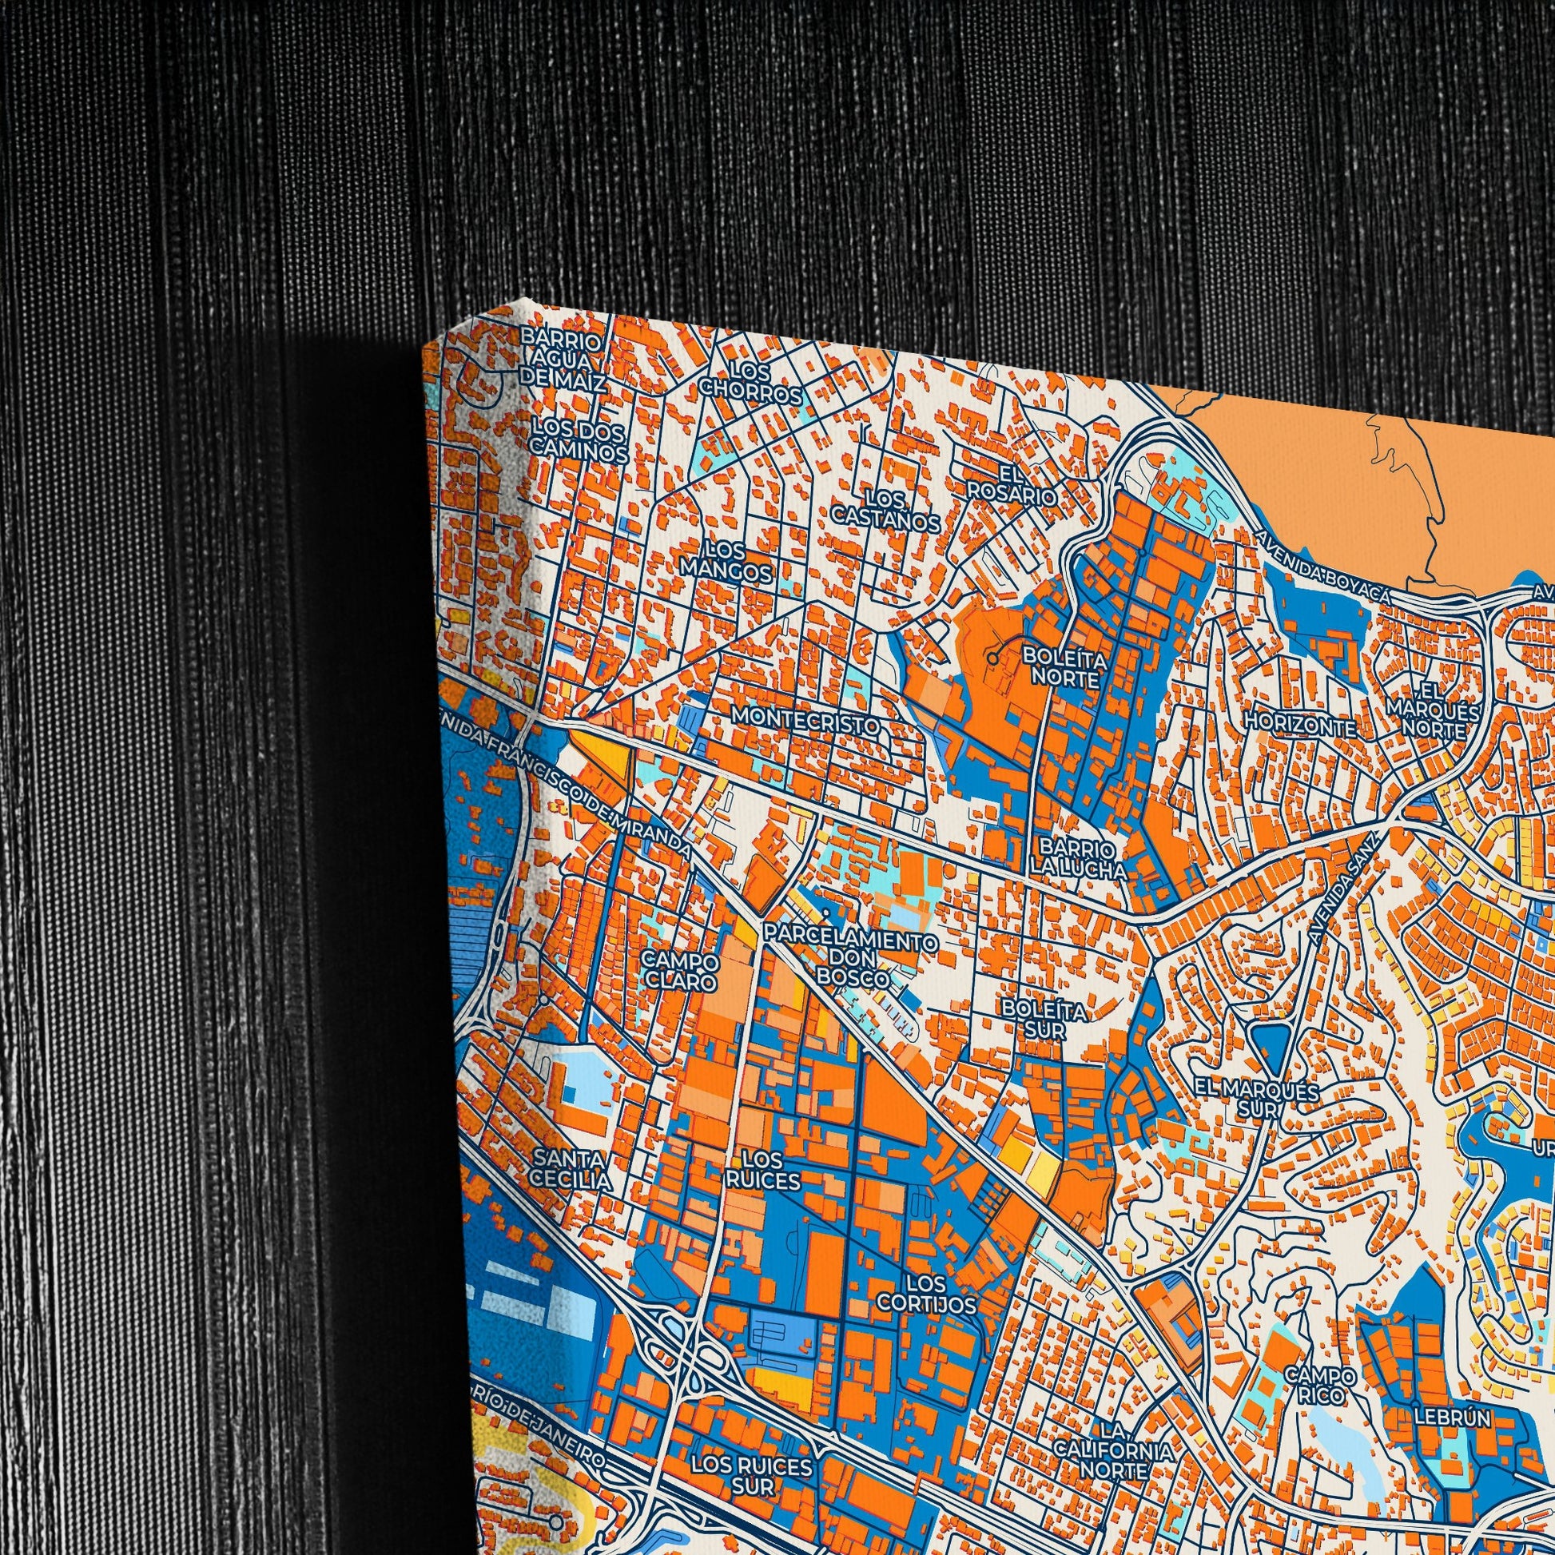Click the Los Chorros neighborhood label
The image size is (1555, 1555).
750,383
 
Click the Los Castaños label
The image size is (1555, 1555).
885,512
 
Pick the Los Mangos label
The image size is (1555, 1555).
727,562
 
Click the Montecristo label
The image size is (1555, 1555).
805,718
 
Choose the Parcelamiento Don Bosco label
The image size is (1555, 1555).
852,959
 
